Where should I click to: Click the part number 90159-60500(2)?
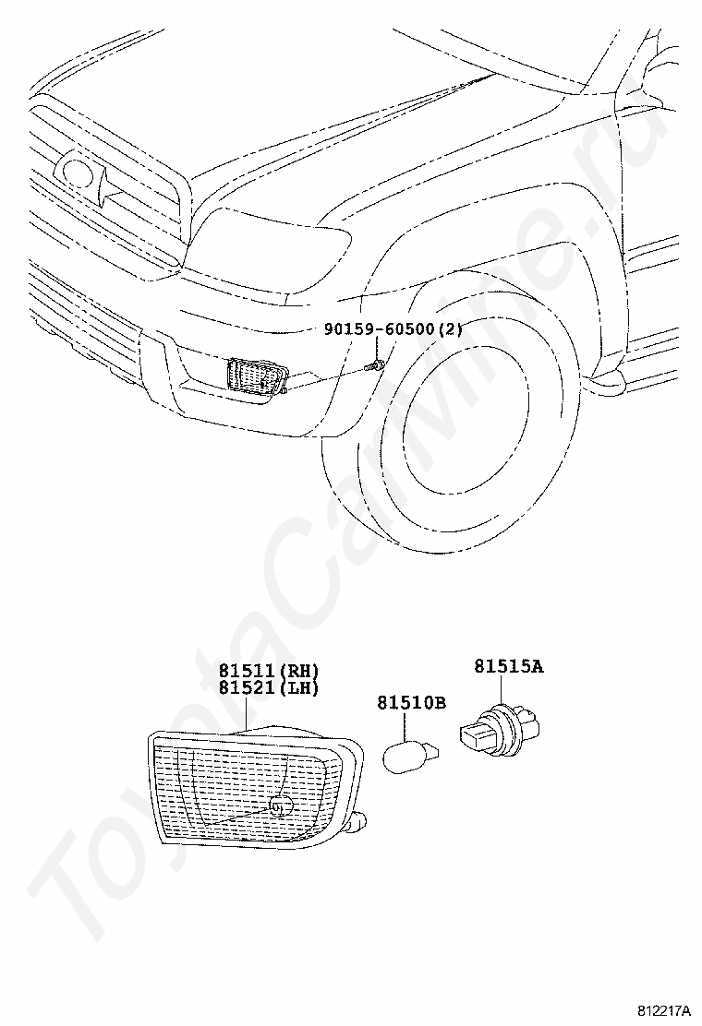(393, 328)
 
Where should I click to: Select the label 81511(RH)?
(269, 671)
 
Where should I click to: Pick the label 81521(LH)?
(269, 687)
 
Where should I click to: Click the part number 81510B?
(411, 702)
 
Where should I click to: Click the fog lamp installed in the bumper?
(258, 377)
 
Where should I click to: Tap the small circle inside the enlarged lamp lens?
(280, 806)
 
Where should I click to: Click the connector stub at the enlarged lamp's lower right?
(359, 823)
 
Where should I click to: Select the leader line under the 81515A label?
(502, 691)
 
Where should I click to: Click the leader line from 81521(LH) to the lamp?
(246, 712)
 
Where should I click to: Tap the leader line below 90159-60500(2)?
(377, 348)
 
